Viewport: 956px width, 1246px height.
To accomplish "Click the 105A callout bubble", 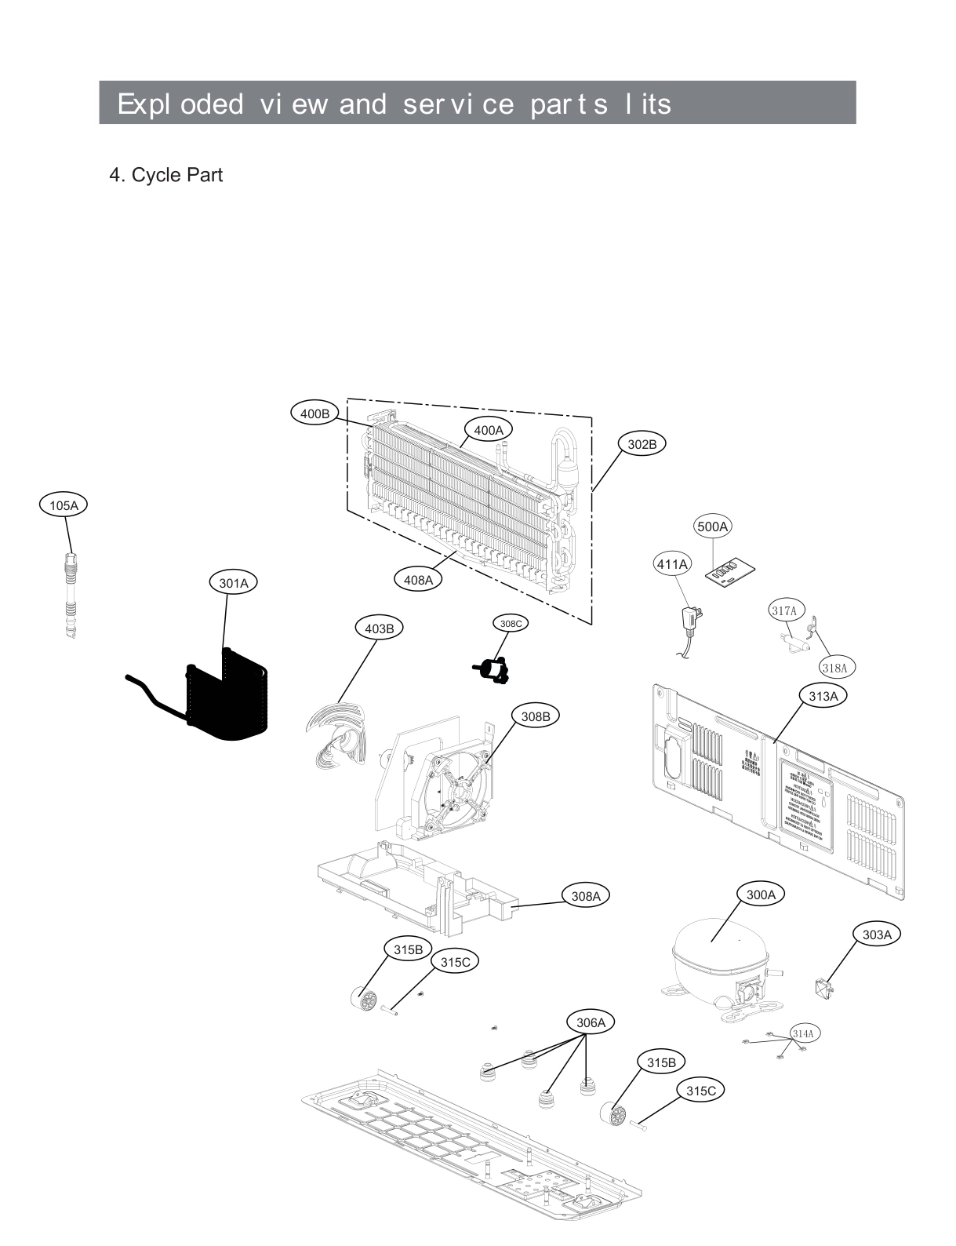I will coord(64,505).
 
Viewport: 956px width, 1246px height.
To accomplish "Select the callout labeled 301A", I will coord(234,583).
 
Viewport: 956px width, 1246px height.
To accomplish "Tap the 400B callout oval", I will coord(314,413).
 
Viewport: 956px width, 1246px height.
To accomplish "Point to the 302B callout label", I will coord(642,444).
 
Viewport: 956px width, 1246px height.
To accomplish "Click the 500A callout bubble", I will coord(712,526).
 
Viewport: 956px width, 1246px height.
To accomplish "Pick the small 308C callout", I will coord(510,623).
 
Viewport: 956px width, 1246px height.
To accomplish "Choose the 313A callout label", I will coord(823,696).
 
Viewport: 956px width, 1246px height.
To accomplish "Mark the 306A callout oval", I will coord(591,1022).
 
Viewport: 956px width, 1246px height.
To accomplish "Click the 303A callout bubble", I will coord(877,934).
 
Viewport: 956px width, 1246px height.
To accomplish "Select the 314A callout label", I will coord(802,1033).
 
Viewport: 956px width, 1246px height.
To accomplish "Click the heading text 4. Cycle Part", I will coord(165,174).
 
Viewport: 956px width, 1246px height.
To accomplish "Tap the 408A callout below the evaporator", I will coord(418,580).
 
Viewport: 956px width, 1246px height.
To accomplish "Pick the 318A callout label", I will coord(834,668).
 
